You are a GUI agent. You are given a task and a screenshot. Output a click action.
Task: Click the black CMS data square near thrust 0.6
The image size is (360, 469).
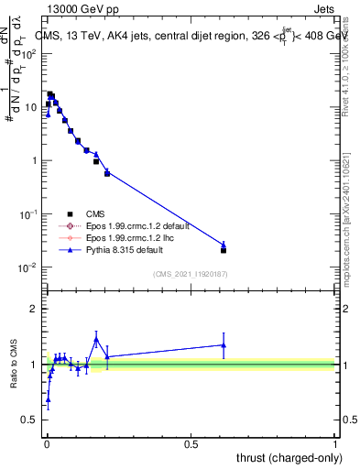pyautogui.click(x=224, y=250)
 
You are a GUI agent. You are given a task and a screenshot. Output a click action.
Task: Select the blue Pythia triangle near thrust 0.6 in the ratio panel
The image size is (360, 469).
pyautogui.click(x=224, y=345)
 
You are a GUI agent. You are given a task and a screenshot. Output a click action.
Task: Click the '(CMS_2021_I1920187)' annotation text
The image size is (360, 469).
pyautogui.click(x=190, y=273)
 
